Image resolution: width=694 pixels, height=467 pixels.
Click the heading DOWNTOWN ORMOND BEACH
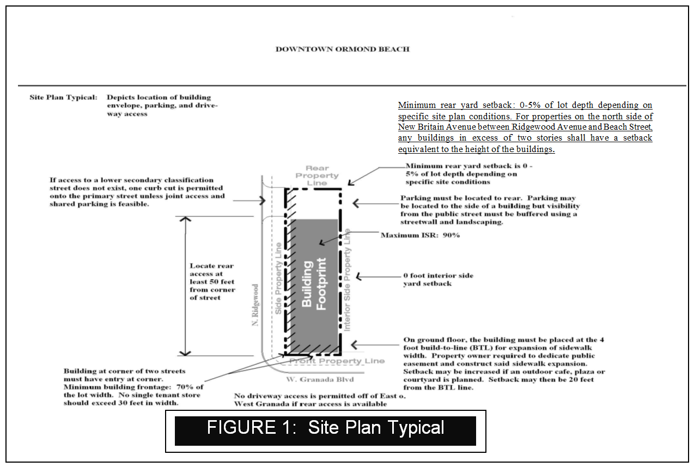pyautogui.click(x=342, y=49)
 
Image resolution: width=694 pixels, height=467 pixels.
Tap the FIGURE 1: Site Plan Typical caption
pyautogui.click(x=325, y=428)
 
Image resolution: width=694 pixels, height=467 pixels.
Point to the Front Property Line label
pyautogui.click(x=336, y=361)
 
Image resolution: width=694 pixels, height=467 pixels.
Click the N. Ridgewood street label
pyautogui.click(x=255, y=306)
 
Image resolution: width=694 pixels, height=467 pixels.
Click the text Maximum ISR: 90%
pyautogui.click(x=420, y=235)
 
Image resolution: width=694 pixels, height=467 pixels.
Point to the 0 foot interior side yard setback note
pyautogui.click(x=438, y=280)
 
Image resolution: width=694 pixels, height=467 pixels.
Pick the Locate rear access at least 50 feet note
pyautogui.click(x=212, y=282)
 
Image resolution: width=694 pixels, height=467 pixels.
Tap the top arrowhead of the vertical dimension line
pyautogui.click(x=186, y=219)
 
